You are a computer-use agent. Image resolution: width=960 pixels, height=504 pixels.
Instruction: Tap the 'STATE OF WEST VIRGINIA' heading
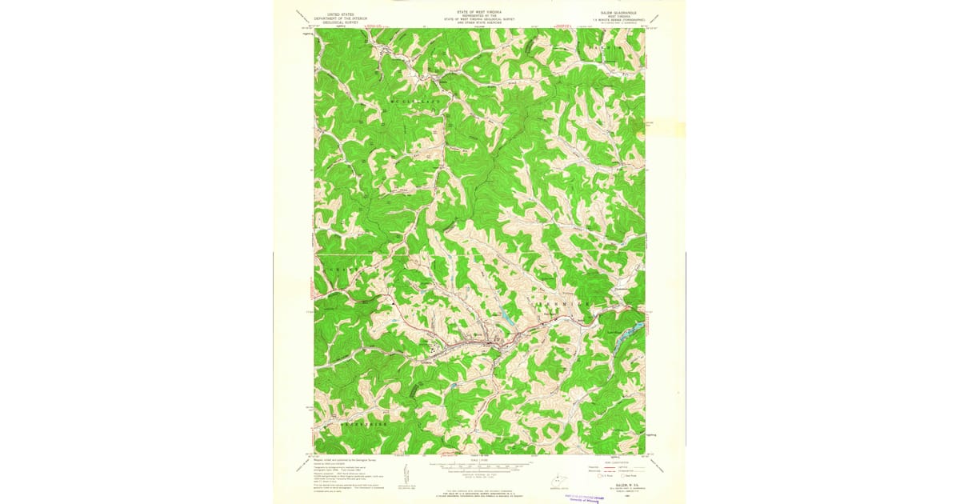tap(478, 13)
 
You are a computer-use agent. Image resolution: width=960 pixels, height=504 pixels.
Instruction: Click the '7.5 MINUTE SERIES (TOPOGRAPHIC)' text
tap(616, 21)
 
